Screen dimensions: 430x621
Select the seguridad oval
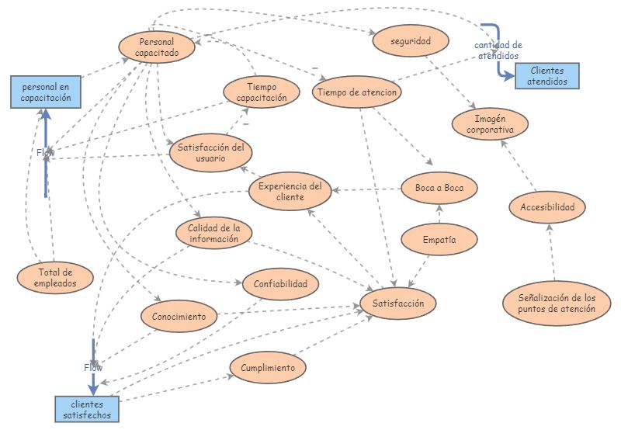pyautogui.click(x=411, y=40)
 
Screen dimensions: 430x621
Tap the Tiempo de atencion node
pyautogui.click(x=358, y=92)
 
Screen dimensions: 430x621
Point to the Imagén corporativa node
pyautogui.click(x=490, y=124)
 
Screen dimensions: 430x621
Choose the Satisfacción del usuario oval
pyautogui.click(x=210, y=152)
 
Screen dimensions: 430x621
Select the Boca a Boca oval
pyautogui.click(x=439, y=188)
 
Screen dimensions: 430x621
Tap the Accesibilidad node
pyautogui.click(x=547, y=207)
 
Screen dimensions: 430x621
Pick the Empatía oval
pyautogui.click(x=439, y=239)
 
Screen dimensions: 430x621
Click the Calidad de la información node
pyautogui.click(x=214, y=234)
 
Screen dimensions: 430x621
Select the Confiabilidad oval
pyautogui.click(x=280, y=284)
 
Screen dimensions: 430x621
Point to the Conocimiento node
pyautogui.click(x=179, y=317)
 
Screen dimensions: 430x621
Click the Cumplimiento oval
pyautogui.click(x=268, y=367)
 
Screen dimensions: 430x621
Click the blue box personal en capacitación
pyautogui.click(x=46, y=92)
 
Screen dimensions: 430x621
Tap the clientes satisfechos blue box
pyautogui.click(x=88, y=410)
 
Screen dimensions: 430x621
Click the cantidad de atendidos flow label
pyautogui.click(x=498, y=50)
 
